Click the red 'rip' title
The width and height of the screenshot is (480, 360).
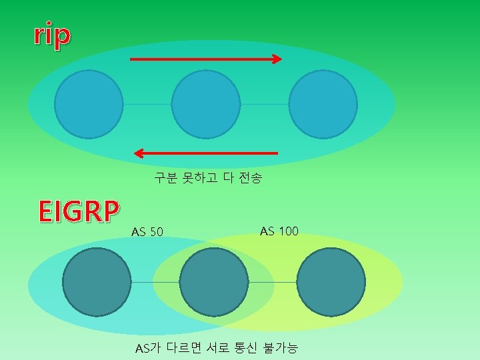click(52, 37)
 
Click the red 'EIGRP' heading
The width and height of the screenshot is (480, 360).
click(79, 211)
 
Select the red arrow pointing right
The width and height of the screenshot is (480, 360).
click(205, 59)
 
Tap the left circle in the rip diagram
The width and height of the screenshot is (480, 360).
click(89, 104)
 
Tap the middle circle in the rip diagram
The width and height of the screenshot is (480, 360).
click(205, 104)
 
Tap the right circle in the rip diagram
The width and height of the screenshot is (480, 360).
click(323, 104)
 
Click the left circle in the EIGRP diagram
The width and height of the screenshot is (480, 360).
click(97, 282)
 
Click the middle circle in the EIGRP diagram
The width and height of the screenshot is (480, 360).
click(214, 282)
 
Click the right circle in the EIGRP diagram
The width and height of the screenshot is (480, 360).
click(331, 282)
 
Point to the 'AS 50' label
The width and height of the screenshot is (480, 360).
click(147, 232)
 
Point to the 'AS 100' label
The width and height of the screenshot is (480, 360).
click(279, 231)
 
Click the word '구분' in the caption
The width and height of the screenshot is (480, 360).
click(165, 178)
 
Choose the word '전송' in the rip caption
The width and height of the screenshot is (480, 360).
click(250, 178)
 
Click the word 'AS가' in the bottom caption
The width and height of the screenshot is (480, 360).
click(148, 347)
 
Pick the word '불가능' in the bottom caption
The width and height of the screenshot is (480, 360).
click(281, 347)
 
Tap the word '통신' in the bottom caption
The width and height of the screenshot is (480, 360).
click(245, 347)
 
